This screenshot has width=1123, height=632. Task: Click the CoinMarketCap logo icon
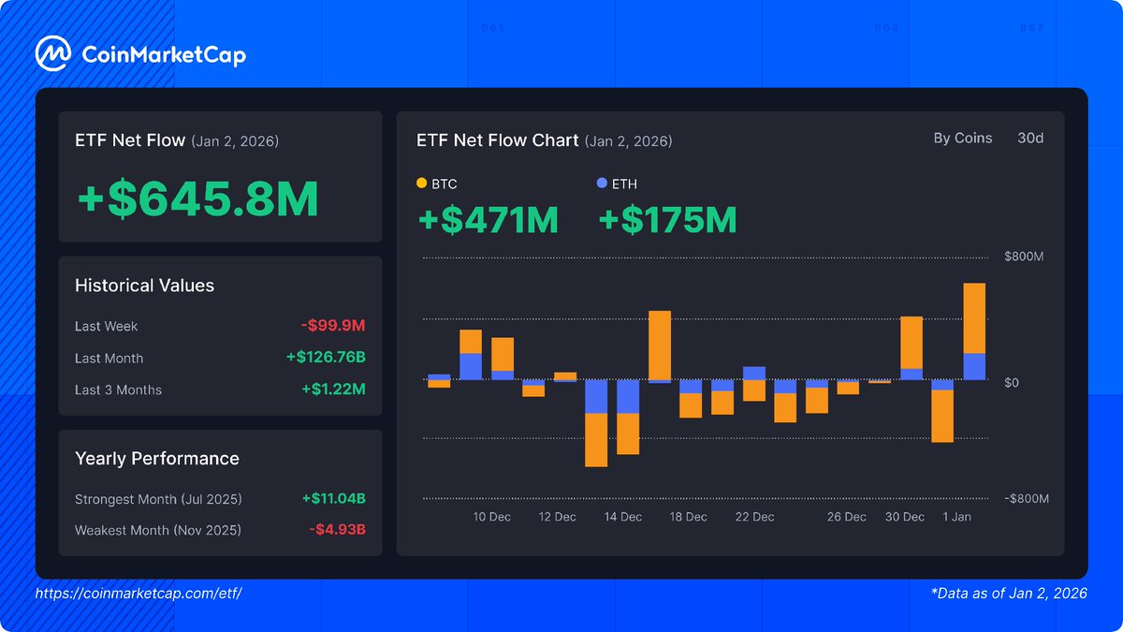[53, 54]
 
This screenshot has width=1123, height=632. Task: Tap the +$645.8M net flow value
[197, 199]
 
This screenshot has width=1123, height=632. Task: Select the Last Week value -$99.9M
[333, 326]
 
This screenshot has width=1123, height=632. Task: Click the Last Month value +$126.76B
[326, 358]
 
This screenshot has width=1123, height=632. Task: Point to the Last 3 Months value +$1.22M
[333, 389]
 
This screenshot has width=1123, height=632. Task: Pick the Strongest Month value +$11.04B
[333, 499]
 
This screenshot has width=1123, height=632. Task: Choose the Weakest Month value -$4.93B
[337, 530]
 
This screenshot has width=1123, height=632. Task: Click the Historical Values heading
[144, 286]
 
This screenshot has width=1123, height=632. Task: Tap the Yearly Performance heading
[156, 459]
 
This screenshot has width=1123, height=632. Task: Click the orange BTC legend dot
[421, 184]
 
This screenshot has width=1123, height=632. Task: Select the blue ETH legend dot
[602, 184]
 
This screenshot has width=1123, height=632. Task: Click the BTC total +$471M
[488, 220]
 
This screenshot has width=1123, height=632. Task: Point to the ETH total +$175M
[667, 220]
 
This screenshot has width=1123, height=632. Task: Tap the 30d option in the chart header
[1030, 139]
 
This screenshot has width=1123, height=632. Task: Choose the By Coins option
[962, 139]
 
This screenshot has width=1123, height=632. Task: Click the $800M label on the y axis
[1024, 257]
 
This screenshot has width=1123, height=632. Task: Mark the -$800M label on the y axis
[1027, 499]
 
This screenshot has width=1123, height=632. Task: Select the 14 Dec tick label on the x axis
[623, 517]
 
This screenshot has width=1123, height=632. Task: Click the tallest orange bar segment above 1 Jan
[974, 318]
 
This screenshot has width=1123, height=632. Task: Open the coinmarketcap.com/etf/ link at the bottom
[139, 594]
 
